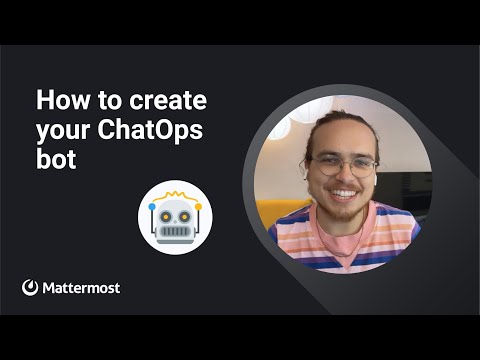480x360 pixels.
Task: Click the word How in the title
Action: pyautogui.click(x=63, y=100)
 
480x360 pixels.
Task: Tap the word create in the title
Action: pyautogui.click(x=168, y=100)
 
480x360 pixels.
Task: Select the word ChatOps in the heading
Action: pyautogui.click(x=150, y=130)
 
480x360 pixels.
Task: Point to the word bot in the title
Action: pyautogui.click(x=56, y=158)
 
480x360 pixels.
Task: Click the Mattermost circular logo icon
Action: pyautogui.click(x=30, y=287)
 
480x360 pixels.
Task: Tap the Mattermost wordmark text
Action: pyautogui.click(x=81, y=288)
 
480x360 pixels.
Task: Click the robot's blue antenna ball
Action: pyautogui.click(x=152, y=207)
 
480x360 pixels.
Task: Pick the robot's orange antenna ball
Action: pyautogui.click(x=198, y=207)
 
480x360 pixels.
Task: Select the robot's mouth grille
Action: pyautogui.click(x=175, y=231)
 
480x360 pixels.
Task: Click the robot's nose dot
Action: pyautogui.click(x=175, y=221)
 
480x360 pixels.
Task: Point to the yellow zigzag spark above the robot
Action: pyautogui.click(x=175, y=196)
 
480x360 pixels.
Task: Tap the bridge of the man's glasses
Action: pyautogui.click(x=343, y=162)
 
